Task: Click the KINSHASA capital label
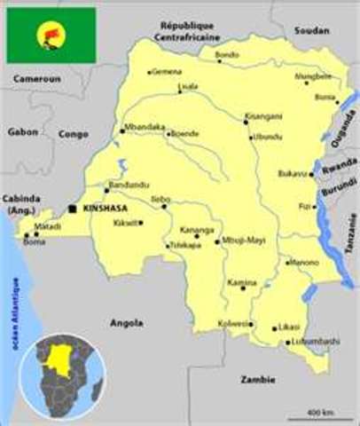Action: tap(106, 208)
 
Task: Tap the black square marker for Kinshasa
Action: tap(73, 209)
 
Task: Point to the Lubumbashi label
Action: tap(315, 341)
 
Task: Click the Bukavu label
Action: tap(292, 173)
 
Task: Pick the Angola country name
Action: tap(127, 323)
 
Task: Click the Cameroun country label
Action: tap(35, 78)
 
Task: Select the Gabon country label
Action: tap(21, 130)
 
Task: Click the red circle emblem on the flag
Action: tap(51, 35)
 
